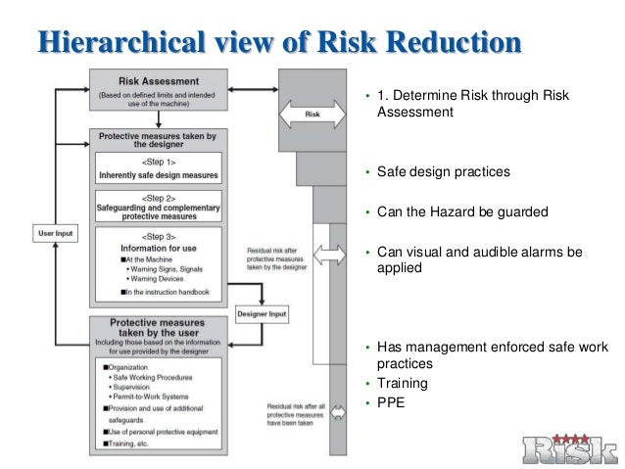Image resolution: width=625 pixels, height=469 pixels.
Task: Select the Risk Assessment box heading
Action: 158,81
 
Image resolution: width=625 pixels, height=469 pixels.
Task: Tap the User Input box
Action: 55,234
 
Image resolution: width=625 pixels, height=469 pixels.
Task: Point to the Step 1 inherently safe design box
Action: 158,168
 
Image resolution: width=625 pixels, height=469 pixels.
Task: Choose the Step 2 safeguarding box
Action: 158,207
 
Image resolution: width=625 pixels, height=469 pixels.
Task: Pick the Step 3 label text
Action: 158,237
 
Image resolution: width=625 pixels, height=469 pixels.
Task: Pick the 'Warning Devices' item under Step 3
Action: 138,278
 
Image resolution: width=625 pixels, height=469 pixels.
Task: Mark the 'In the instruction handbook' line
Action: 160,292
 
